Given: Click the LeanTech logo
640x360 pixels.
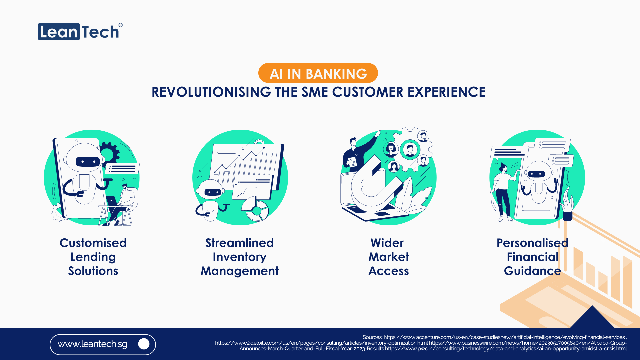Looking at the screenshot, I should [x=79, y=32].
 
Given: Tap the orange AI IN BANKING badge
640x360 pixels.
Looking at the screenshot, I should [x=318, y=73].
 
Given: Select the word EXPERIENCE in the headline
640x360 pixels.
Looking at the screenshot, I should [x=446, y=92].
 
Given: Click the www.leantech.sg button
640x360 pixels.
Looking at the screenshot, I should [x=103, y=344].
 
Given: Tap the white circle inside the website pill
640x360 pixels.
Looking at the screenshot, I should [x=144, y=344].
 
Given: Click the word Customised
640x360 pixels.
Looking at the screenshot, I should [x=93, y=243].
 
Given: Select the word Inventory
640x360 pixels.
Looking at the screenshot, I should [x=239, y=257].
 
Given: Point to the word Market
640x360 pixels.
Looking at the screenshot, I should [x=388, y=257].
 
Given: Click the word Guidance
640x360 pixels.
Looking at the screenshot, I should [x=532, y=271].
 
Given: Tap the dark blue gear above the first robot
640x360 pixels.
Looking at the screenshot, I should [x=109, y=152].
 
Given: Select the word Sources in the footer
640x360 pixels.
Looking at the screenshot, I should [x=372, y=337].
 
